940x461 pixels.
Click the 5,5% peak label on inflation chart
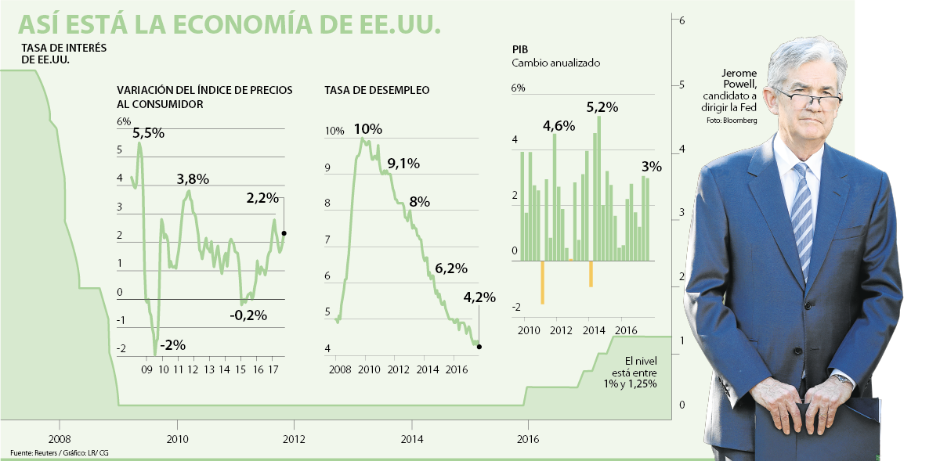(x=148, y=133)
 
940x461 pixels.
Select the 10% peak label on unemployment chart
(x=367, y=129)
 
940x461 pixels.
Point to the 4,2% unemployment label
(x=479, y=297)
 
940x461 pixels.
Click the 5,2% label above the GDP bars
(x=602, y=106)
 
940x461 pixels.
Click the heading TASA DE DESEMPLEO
(x=377, y=91)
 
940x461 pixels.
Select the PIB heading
(x=520, y=49)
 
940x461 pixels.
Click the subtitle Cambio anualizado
(x=550, y=63)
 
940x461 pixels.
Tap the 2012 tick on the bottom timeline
(x=294, y=439)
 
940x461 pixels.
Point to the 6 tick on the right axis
(x=682, y=20)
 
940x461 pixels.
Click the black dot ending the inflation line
(x=284, y=233)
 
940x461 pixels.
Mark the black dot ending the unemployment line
(x=479, y=347)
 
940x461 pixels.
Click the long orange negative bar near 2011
(x=542, y=282)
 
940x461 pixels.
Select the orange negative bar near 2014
(x=591, y=274)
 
